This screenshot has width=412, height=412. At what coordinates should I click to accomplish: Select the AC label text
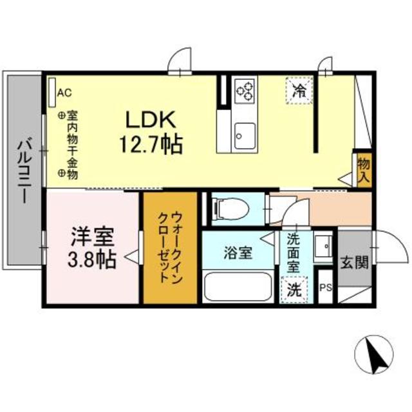pyautogui.click(x=64, y=93)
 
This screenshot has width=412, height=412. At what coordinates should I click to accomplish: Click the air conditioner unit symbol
pyautogui.click(x=51, y=93)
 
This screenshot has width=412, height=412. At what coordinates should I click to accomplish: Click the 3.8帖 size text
pyautogui.click(x=92, y=261)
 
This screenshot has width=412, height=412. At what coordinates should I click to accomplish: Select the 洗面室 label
pyautogui.click(x=293, y=252)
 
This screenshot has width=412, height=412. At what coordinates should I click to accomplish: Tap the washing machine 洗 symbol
pyautogui.click(x=293, y=289)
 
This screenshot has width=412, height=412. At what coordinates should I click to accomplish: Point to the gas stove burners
pyautogui.click(x=245, y=91)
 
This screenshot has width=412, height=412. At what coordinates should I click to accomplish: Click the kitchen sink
pyautogui.click(x=245, y=134)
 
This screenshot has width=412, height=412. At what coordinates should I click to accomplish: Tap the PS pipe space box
pyautogui.click(x=325, y=287)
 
